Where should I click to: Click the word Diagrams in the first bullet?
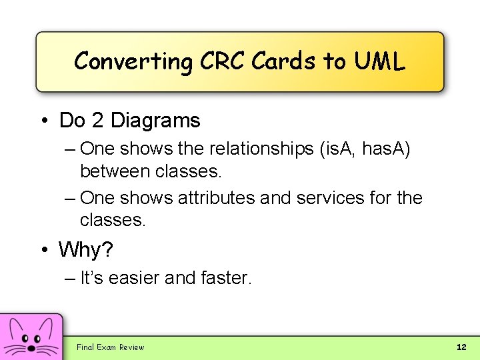[155, 121]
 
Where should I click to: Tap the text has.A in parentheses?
[386, 149]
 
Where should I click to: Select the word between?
[115, 171]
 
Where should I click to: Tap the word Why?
[86, 250]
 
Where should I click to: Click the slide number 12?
[461, 347]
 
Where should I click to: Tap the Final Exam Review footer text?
[110, 347]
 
